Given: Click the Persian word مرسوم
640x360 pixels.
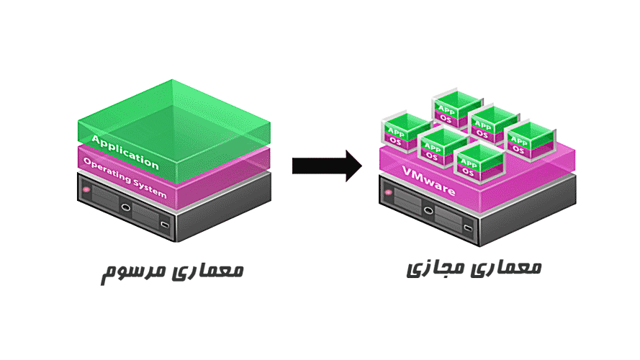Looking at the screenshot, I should click(130, 271).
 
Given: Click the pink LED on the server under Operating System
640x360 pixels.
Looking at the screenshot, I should click(86, 189).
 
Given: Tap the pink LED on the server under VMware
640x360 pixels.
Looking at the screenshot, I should click(389, 192).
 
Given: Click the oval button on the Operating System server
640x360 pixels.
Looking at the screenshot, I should click(126, 208).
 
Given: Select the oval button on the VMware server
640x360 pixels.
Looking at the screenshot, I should click(428, 211).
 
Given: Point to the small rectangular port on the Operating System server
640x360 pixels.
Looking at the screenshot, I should click(165, 226).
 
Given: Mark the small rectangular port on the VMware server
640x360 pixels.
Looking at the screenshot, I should click(467, 229).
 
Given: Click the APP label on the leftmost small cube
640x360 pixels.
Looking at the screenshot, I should click(396, 131).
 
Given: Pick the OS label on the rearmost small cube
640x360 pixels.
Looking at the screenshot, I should click(446, 119).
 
